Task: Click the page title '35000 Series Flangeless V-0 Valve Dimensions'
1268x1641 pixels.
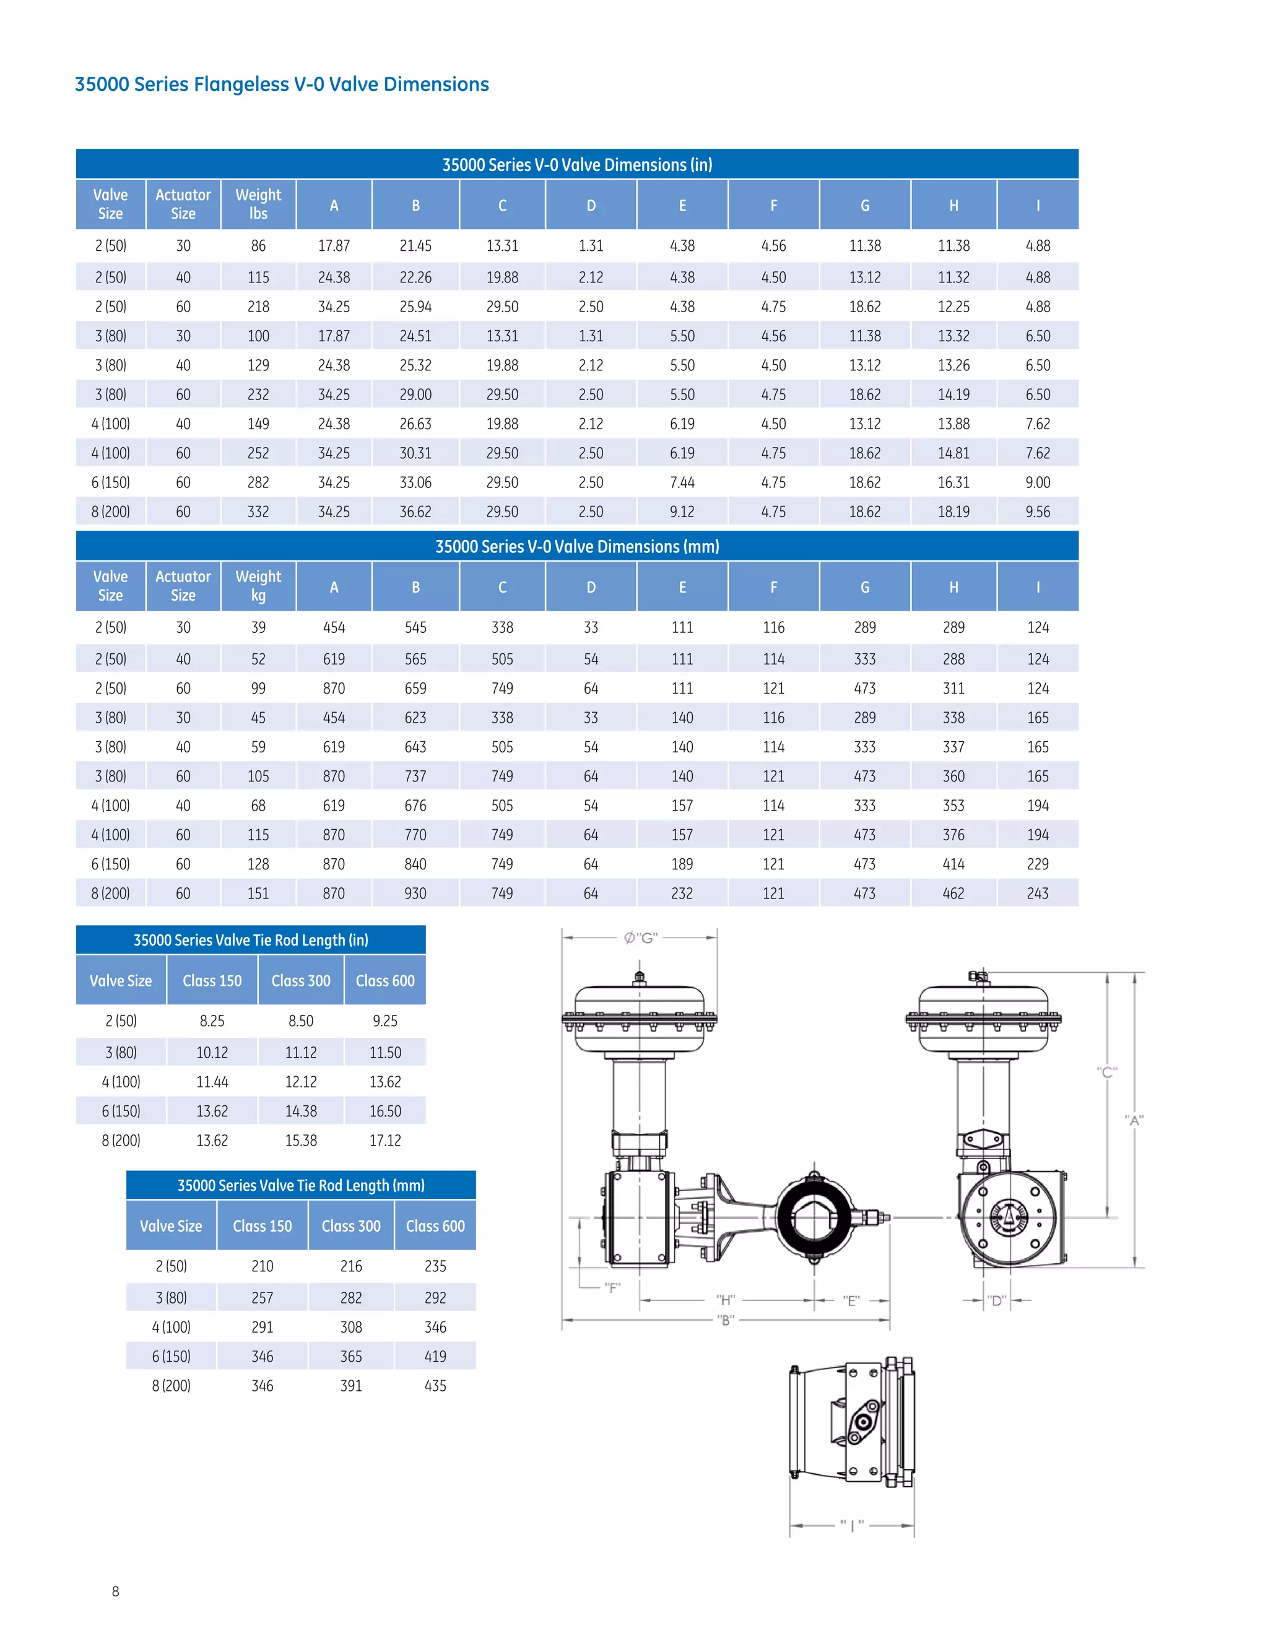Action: (282, 84)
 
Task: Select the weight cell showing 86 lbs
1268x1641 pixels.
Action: (258, 246)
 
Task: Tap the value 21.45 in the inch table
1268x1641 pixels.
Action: (415, 246)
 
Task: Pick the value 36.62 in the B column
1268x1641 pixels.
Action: (415, 511)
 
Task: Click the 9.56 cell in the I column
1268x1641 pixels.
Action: (1038, 511)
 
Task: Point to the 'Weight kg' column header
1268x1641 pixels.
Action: (258, 586)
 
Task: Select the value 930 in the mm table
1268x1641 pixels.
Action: (415, 894)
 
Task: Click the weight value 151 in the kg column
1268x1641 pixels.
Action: (258, 894)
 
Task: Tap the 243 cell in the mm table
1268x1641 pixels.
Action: (1038, 894)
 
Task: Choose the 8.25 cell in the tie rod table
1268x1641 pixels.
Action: (212, 1021)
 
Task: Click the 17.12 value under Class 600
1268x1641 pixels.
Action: (384, 1141)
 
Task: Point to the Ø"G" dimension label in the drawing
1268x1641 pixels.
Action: (641, 938)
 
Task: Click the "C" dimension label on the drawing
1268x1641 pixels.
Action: (1106, 1072)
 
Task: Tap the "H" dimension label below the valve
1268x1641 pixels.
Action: (725, 1300)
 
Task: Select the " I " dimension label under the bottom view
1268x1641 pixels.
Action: (852, 1525)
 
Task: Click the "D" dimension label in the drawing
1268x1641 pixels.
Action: (997, 1300)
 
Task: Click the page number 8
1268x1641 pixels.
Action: (116, 1591)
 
